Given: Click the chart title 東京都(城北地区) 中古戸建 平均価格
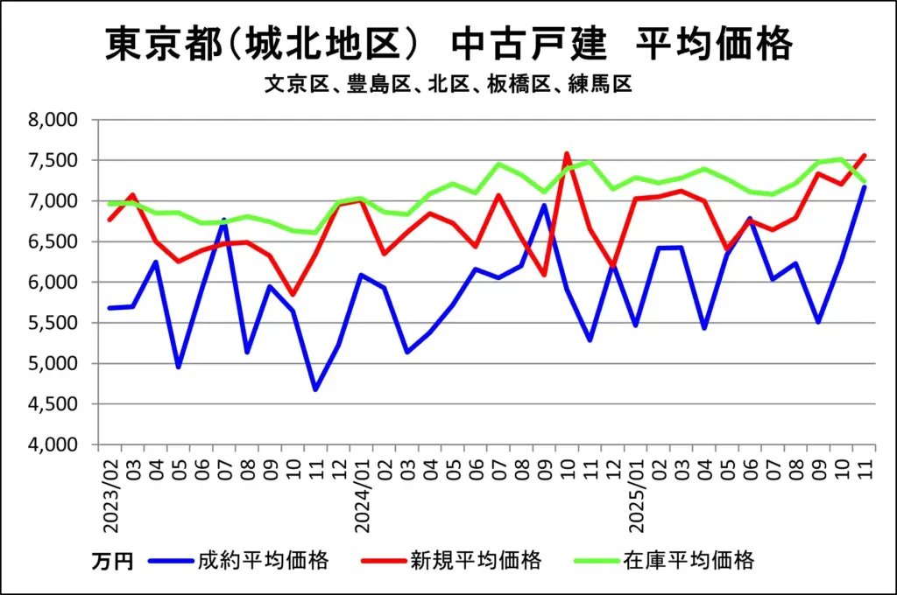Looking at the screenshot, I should point(448,44).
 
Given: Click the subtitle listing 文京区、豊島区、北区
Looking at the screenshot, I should point(448,85).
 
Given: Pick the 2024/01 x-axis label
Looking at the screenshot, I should point(361,490).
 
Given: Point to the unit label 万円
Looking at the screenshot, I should point(112,561).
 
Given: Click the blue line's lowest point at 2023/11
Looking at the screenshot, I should point(315,389).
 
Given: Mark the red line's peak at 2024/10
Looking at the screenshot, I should point(566,154).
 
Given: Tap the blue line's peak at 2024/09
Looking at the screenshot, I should point(543,206).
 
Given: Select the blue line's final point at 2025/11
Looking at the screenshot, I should point(864,187).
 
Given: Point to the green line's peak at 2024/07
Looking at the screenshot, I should point(498,164).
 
